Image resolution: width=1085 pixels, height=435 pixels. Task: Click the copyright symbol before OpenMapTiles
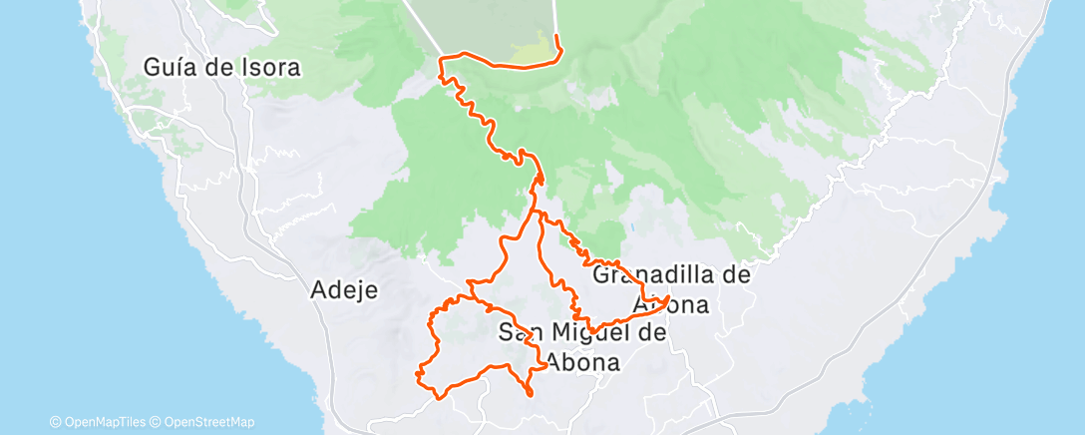pyautogui.click(x=56, y=422)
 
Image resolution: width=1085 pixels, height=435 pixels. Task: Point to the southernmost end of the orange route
pyautogui.click(x=530, y=395)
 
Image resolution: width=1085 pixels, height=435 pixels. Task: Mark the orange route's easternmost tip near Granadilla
pyautogui.click(x=668, y=298)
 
